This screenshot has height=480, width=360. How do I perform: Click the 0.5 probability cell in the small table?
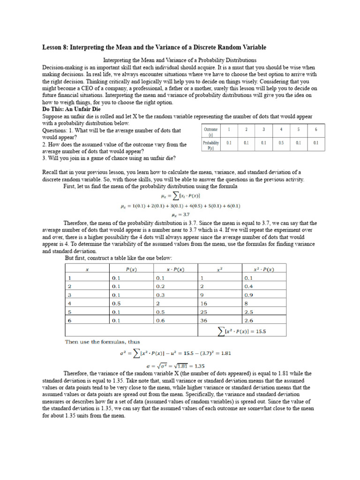[x=281, y=143]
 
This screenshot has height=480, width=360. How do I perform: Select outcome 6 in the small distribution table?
[x=315, y=129]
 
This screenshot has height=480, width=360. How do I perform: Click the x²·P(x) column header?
[x=264, y=269]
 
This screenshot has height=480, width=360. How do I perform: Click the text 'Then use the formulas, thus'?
[x=102, y=342]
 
